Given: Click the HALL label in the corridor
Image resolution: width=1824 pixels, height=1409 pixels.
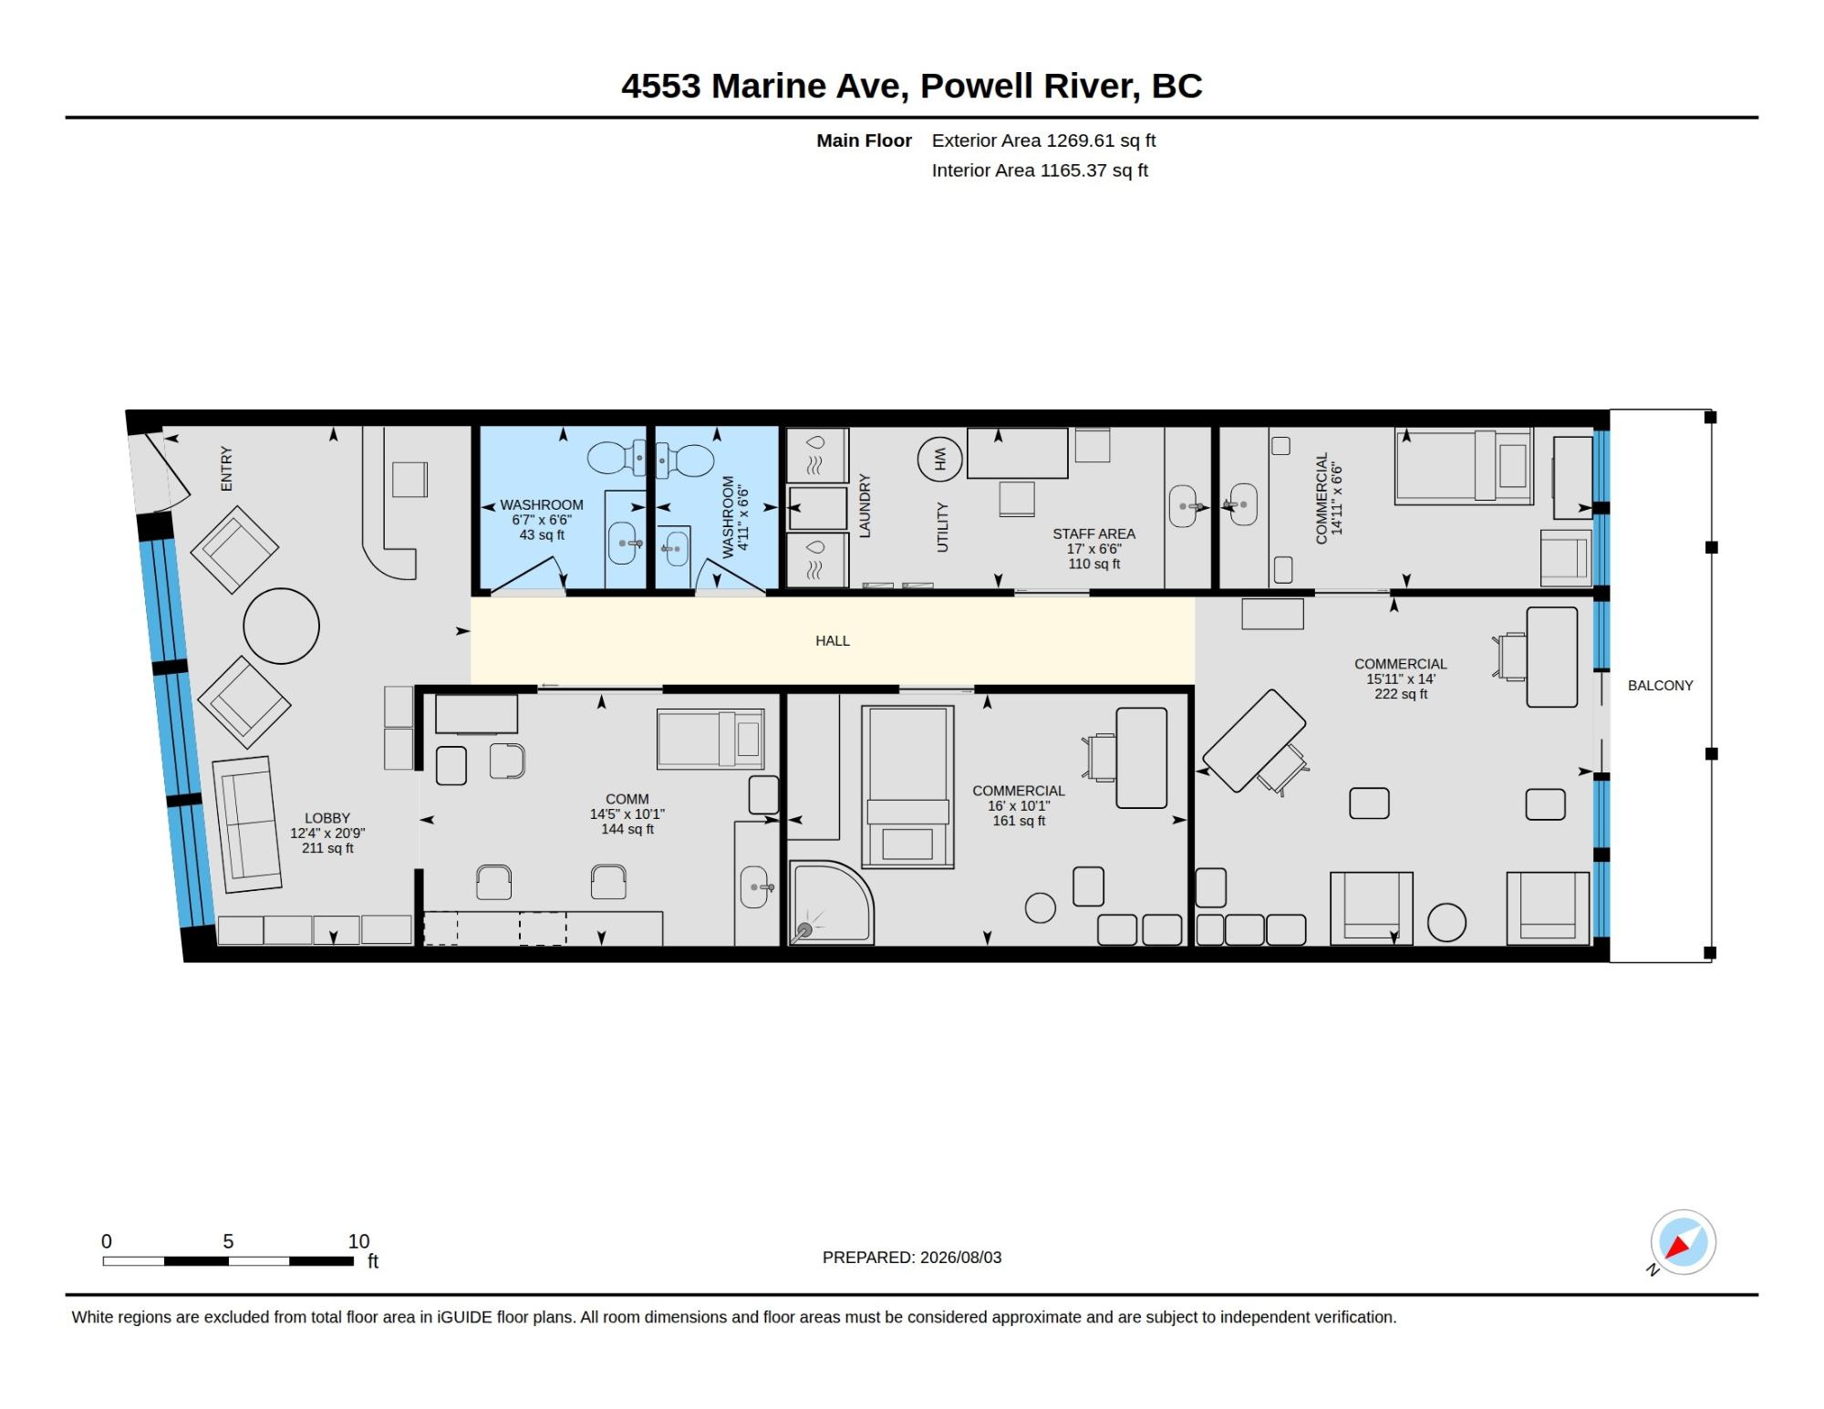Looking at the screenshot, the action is coord(832,641).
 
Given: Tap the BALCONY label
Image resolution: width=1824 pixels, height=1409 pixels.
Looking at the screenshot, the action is coord(1660,686).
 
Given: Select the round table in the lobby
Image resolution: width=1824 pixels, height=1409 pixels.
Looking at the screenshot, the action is coord(282,626).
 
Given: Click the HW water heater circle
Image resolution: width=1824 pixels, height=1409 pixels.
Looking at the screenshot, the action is coord(940,459).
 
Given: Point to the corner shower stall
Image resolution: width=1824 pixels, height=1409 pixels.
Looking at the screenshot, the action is coord(830,903).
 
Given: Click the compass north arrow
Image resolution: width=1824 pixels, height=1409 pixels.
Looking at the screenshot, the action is coord(1677,1247).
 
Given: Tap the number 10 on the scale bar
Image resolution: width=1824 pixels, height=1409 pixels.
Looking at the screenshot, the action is coord(358,1241).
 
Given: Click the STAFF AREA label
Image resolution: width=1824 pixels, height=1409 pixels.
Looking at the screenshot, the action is coord(1093,534).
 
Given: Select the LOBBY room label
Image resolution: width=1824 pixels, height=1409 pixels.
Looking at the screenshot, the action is coord(327,818).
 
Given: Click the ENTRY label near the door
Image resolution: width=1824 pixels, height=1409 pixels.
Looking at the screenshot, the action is coord(226,469).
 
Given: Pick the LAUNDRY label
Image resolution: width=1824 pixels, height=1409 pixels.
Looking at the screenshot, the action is coord(865,505).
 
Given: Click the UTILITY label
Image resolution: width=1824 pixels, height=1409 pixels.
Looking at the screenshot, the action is coord(942,527).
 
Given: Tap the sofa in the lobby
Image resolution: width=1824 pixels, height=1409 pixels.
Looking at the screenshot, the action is coord(247,824).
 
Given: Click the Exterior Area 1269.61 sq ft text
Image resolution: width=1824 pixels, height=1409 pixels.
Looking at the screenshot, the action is coord(1043,140).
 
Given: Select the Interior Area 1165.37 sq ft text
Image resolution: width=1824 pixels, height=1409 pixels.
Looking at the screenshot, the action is coord(1040,171).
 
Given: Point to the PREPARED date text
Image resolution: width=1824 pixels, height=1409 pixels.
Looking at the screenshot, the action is coord(912,1258).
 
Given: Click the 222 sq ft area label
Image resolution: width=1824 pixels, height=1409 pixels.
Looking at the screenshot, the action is coord(1401,694).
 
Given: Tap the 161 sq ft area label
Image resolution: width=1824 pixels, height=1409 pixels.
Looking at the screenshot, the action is coord(1019,821).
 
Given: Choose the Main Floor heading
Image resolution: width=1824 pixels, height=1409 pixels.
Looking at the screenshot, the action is coord(864,140).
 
